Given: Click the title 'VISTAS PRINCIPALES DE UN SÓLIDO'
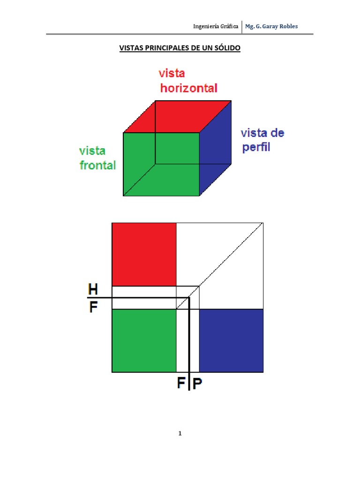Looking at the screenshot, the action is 180,48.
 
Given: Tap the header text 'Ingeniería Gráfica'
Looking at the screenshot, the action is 216,26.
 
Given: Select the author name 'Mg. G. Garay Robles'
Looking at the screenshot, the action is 271,26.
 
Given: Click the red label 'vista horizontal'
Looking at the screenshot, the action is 188,81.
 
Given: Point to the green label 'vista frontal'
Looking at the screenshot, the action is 97,158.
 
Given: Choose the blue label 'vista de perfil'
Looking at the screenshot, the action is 262,140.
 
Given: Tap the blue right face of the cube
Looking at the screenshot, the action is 216,148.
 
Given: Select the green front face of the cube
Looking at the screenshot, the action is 161,164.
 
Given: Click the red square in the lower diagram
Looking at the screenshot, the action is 144,255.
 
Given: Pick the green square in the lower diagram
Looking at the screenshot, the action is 144,341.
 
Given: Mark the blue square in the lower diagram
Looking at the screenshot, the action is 231,341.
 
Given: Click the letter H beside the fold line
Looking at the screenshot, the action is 93,289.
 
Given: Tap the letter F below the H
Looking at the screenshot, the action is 93,307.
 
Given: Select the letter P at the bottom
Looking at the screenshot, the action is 197,383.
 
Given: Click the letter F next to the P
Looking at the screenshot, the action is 181,382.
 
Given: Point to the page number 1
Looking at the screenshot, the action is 180,433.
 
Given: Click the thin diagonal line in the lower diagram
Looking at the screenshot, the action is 219,266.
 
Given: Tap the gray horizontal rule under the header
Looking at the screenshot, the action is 180,34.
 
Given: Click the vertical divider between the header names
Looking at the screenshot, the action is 242,27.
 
